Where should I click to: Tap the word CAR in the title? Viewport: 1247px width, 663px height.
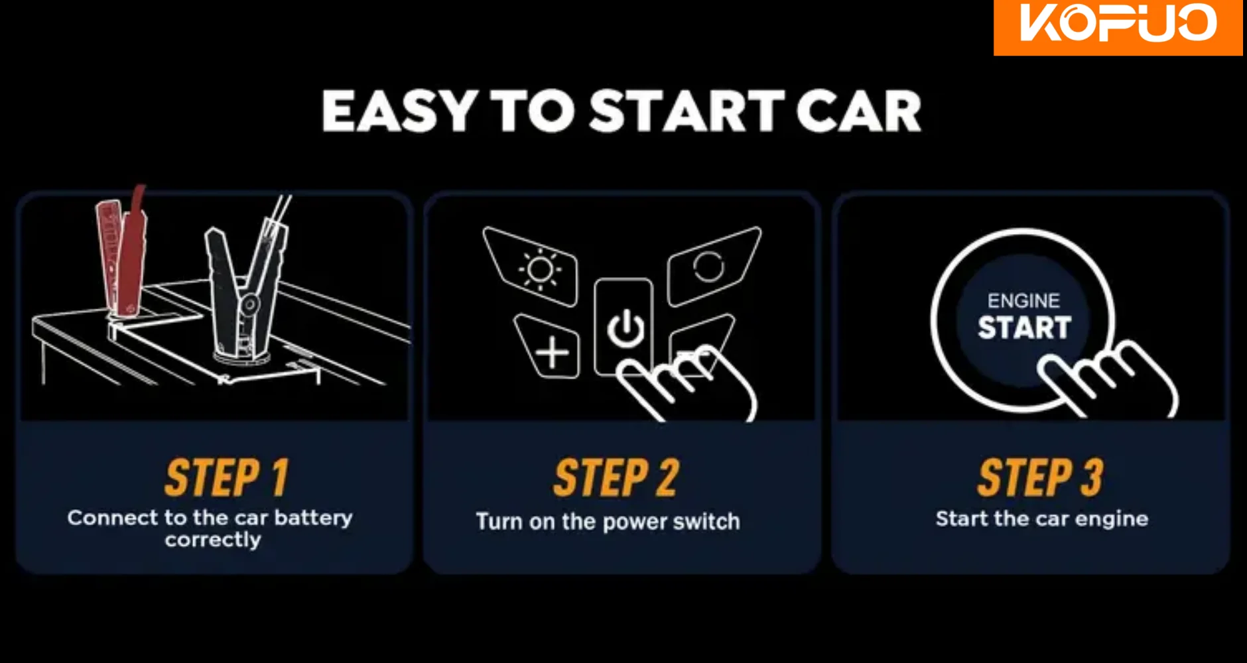(x=858, y=111)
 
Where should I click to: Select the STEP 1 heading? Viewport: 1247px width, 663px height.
(x=227, y=477)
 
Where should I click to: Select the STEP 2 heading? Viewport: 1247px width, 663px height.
(x=616, y=477)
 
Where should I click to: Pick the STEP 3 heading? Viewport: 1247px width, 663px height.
(x=1040, y=477)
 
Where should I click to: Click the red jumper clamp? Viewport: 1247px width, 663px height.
(x=123, y=252)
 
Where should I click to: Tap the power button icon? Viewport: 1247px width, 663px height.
(x=625, y=328)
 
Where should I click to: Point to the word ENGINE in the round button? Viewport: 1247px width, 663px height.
(x=1023, y=301)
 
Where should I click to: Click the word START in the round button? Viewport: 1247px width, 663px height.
(x=1024, y=328)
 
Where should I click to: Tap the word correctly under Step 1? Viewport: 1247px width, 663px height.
(x=213, y=540)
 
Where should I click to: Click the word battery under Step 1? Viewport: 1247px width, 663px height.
(x=313, y=517)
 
